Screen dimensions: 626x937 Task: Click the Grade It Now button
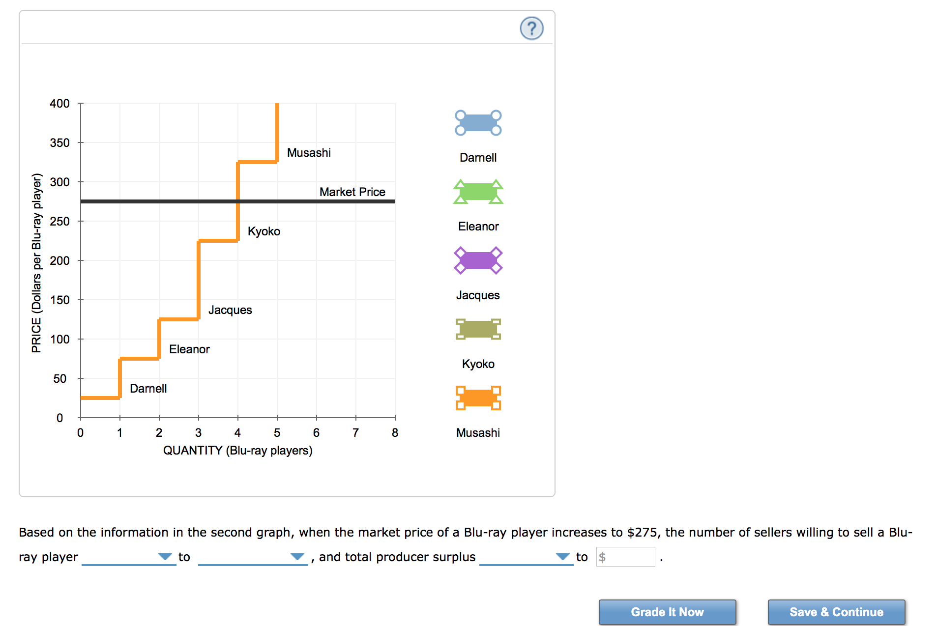[667, 612]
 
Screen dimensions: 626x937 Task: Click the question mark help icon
[531, 28]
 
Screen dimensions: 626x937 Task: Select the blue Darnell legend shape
[478, 123]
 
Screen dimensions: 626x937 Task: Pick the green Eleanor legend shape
[478, 192]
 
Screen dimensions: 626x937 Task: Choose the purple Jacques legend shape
[478, 260]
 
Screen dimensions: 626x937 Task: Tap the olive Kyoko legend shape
[478, 329]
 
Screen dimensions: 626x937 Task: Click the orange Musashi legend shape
[478, 398]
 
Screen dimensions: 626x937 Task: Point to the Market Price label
[352, 192]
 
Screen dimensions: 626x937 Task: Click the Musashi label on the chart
[309, 153]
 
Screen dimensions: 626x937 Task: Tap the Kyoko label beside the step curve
[264, 231]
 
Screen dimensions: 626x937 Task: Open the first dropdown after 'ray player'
[128, 557]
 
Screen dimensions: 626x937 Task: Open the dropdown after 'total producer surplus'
[526, 557]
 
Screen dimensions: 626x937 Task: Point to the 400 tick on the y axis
[59, 104]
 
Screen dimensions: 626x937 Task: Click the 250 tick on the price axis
[59, 222]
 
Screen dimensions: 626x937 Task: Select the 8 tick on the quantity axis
[395, 433]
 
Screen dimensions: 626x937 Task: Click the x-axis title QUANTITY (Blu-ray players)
[237, 451]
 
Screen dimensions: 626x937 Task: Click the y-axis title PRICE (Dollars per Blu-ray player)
[37, 263]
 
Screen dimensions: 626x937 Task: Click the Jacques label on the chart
[230, 310]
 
